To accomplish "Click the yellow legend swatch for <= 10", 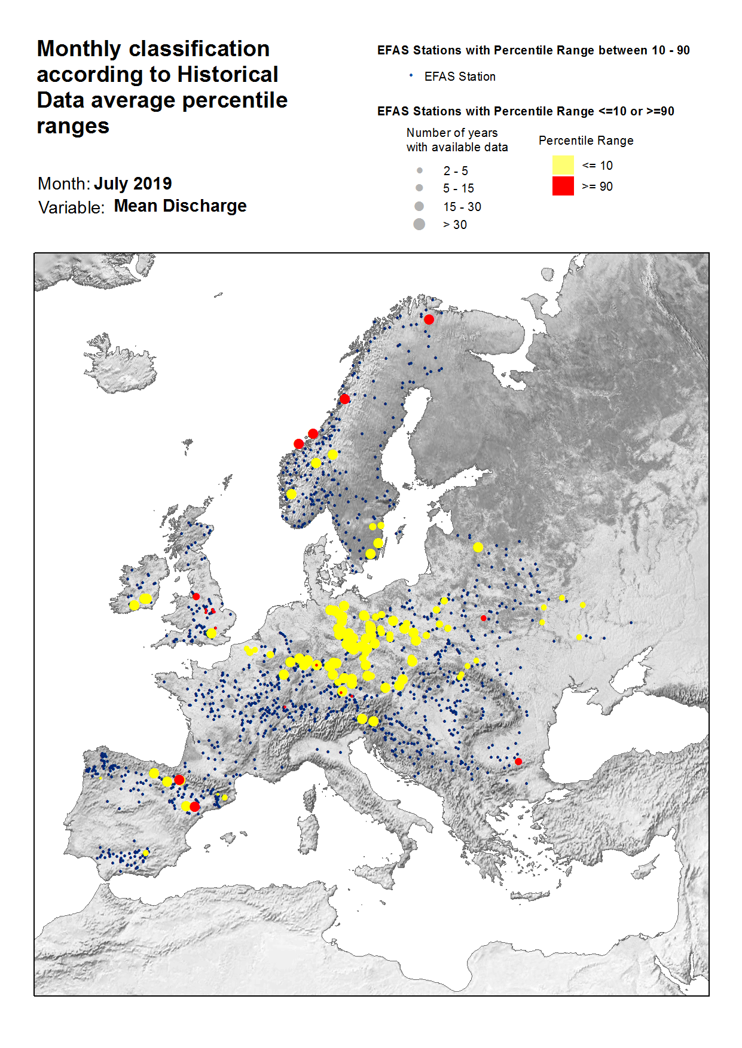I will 563,165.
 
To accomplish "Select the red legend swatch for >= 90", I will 563,186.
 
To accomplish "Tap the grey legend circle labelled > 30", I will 419,224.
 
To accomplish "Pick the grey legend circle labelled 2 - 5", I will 420,171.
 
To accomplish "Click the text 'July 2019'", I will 133,184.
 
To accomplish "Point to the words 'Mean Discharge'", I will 180,206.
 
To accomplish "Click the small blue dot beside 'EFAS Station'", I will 411,76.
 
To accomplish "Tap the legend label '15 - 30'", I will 462,207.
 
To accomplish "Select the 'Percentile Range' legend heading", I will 585,140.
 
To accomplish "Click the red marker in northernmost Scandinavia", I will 429,320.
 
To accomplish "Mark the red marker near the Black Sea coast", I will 518,762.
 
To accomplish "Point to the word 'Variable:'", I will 71,207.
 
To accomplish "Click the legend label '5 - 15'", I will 458,188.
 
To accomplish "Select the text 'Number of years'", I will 451,133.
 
